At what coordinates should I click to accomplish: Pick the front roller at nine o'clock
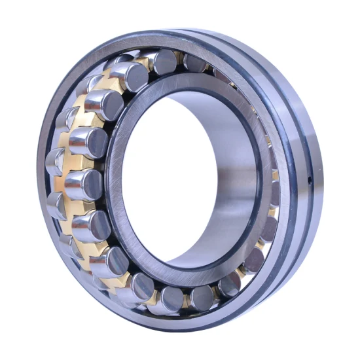tap(82, 184)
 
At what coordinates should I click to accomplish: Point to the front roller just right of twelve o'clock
tap(195, 63)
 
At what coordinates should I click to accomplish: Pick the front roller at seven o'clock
tap(109, 261)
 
